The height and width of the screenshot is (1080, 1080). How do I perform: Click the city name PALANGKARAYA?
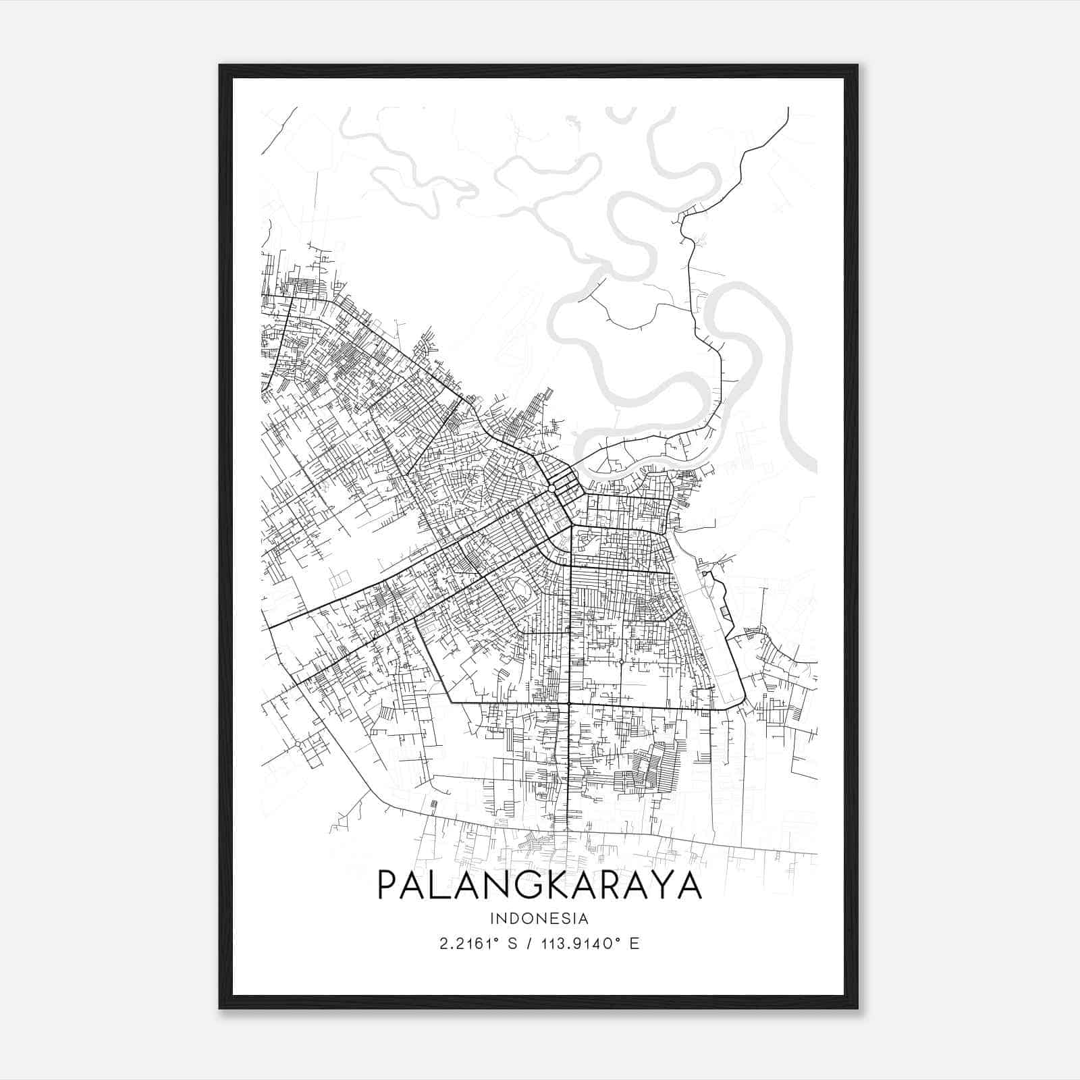tap(539, 886)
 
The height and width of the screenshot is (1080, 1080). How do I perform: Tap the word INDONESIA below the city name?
tap(539, 919)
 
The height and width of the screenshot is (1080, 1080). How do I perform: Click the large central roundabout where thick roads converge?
tap(551, 488)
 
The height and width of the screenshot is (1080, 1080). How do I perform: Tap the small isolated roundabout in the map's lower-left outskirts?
tap(297, 744)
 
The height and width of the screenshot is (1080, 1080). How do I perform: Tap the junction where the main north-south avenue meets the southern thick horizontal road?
tap(570, 704)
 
